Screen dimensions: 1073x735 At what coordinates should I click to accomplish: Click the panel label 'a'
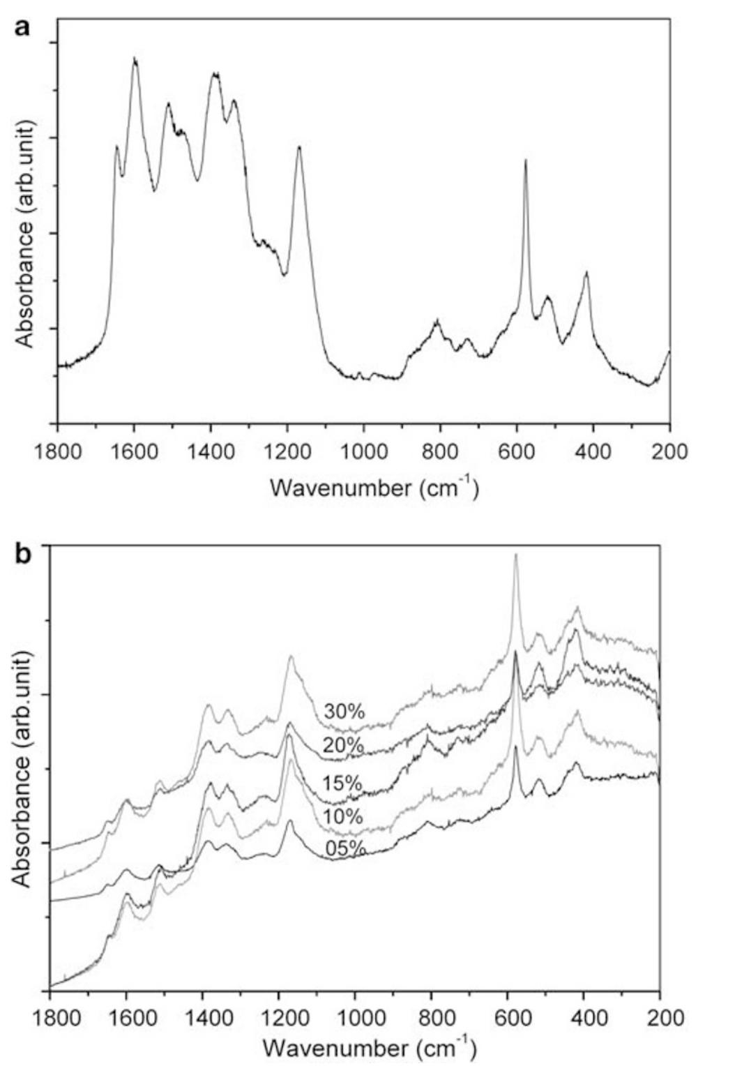click(x=22, y=11)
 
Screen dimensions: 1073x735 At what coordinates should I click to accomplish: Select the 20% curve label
click(x=343, y=746)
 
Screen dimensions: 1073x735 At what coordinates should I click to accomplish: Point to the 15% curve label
click(x=342, y=783)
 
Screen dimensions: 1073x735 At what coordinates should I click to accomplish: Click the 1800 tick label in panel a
click(x=57, y=451)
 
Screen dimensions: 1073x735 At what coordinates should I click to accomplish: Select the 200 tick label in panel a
click(x=669, y=451)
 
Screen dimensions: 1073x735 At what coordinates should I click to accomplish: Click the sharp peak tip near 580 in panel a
click(x=525, y=160)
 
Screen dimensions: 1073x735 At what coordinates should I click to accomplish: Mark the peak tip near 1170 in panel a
click(x=299, y=147)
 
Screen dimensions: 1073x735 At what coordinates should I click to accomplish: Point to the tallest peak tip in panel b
click(x=515, y=555)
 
